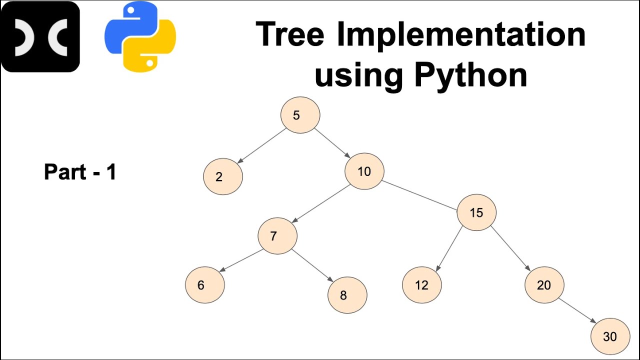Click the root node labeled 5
click(300, 115)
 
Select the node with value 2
click(223, 176)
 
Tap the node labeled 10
click(364, 171)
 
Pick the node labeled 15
click(476, 212)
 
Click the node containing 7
click(277, 235)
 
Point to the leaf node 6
click(205, 285)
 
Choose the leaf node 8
click(347, 295)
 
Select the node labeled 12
click(422, 285)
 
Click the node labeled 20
click(544, 285)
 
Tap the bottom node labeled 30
click(610, 336)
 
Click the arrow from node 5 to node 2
click(261, 146)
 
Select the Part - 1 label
click(80, 172)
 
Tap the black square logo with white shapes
click(40, 36)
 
